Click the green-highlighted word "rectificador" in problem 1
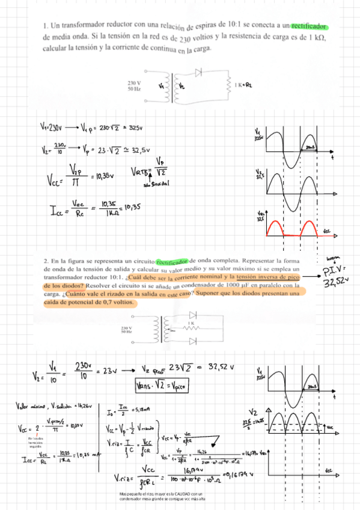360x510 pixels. pos(310,26)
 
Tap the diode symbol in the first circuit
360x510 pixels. pos(198,72)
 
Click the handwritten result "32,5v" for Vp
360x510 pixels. pos(139,150)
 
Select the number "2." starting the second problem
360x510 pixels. pos(46,261)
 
